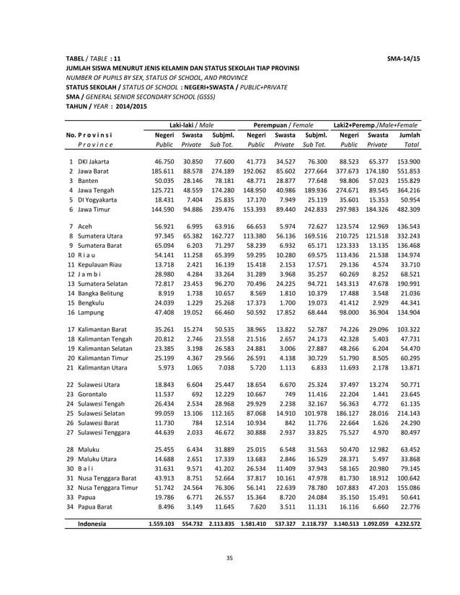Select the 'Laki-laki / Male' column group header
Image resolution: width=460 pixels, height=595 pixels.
187,125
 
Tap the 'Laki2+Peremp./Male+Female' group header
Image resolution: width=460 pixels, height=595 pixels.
376,125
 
